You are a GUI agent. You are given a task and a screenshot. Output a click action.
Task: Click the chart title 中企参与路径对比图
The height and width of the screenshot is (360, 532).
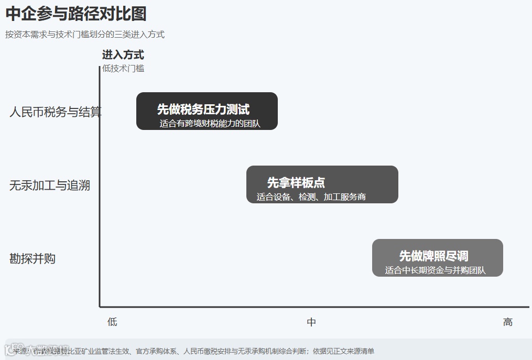point(76,14)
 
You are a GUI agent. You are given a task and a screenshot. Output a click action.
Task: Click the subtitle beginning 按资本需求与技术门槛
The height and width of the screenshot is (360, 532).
point(85,35)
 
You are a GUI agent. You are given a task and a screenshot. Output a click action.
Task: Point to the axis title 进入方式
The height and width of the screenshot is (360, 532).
point(123,54)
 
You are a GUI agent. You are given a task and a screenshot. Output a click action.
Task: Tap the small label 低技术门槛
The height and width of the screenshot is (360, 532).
point(123,68)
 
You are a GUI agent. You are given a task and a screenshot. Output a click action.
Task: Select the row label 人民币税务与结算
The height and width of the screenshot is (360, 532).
point(55,112)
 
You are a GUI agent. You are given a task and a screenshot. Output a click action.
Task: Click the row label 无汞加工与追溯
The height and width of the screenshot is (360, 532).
point(50,185)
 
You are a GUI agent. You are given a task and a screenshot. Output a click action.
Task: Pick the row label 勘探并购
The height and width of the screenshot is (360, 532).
point(32,258)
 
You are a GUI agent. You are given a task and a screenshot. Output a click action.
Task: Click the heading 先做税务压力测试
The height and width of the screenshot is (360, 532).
point(203,109)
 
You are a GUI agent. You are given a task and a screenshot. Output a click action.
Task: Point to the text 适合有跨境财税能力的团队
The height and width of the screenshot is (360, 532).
point(210,124)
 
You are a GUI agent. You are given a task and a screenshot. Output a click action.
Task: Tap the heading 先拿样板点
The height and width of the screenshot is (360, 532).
point(296,182)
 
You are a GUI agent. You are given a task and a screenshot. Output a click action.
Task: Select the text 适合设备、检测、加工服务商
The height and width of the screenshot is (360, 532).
point(311,197)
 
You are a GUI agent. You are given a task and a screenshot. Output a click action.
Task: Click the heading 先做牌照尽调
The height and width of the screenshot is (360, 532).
point(433,256)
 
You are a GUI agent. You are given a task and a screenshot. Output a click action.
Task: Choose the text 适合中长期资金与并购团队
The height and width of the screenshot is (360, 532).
point(435,270)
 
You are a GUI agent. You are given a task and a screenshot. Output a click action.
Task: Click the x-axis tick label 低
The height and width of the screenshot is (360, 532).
point(112,322)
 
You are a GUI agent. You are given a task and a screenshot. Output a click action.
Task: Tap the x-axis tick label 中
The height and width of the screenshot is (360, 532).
point(311,322)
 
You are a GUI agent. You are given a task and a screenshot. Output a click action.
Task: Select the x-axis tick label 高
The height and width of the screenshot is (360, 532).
point(507,322)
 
